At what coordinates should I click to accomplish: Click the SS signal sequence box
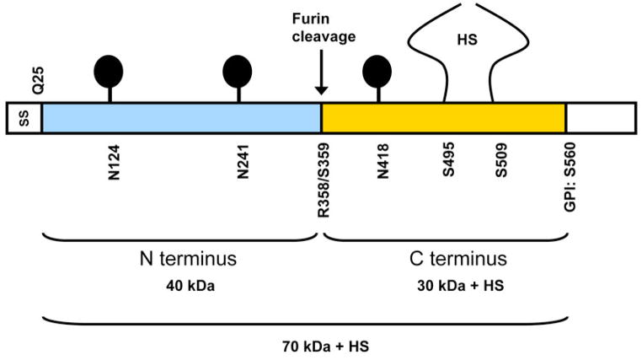[x=24, y=118]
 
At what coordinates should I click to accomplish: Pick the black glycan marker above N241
[x=237, y=70]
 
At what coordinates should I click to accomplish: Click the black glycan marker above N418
[x=377, y=70]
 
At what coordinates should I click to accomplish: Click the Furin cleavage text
[x=321, y=27]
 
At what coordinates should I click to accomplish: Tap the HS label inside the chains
[x=468, y=39]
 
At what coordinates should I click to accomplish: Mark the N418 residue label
[x=383, y=164]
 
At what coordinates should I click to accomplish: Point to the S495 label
[x=449, y=163]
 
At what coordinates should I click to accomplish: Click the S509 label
[x=501, y=163]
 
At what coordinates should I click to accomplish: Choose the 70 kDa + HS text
[x=324, y=346]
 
